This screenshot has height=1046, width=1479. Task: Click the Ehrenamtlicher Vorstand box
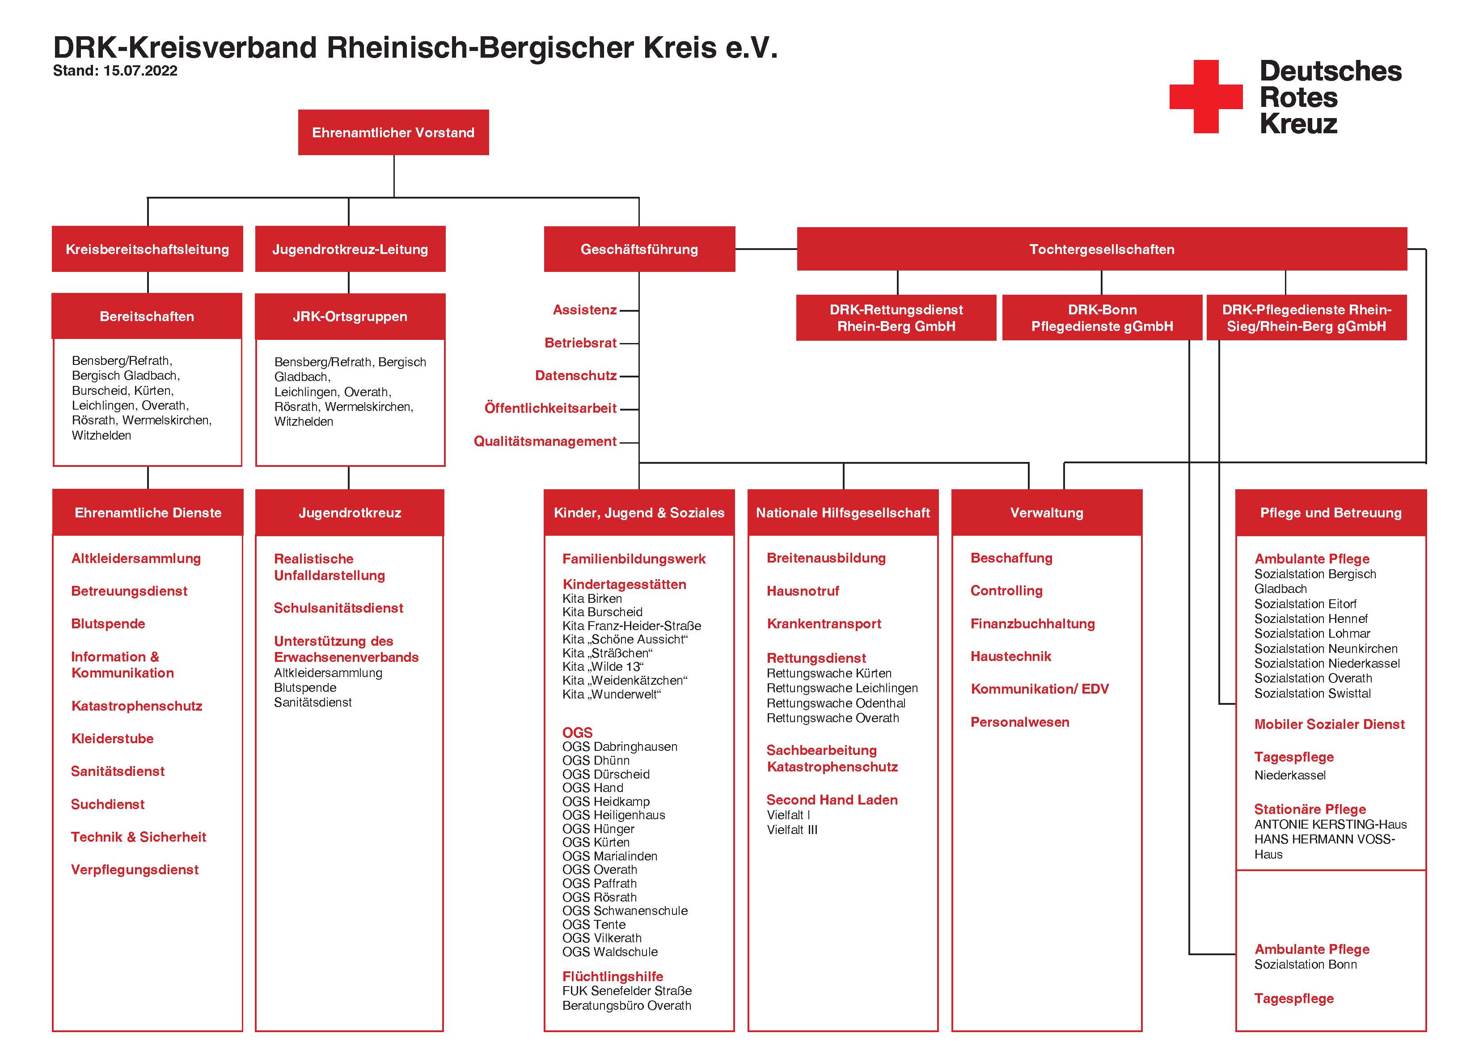click(393, 132)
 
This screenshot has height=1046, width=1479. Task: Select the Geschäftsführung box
click(639, 249)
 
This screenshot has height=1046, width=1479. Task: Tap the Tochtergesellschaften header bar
click(1102, 249)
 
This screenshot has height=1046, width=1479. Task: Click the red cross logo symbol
click(1206, 97)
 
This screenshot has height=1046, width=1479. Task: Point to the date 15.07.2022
click(140, 71)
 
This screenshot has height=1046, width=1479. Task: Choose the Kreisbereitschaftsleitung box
click(148, 249)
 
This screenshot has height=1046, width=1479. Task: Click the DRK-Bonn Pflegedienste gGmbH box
click(1102, 318)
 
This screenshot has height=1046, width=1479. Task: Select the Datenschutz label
click(576, 376)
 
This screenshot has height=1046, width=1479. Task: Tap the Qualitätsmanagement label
click(545, 441)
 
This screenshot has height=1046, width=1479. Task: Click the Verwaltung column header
click(1047, 512)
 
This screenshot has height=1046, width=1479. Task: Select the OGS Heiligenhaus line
click(614, 815)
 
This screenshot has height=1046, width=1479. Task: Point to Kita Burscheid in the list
click(602, 612)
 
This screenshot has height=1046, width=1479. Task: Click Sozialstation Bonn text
click(1306, 965)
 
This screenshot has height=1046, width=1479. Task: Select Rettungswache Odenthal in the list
click(836, 703)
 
